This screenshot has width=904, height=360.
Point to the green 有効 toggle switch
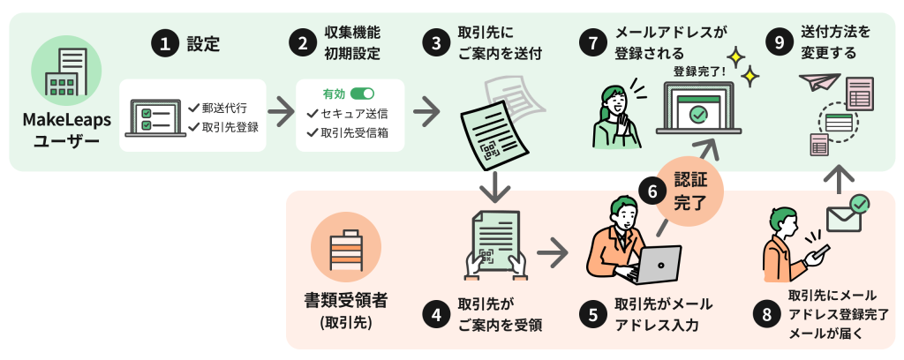click(362, 94)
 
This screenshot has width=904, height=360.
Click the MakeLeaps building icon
click(61, 74)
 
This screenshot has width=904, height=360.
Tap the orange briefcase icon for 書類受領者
click(345, 247)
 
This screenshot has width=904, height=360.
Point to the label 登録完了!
click(699, 71)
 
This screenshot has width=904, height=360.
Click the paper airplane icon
click(819, 82)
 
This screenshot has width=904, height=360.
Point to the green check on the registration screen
click(697, 114)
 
